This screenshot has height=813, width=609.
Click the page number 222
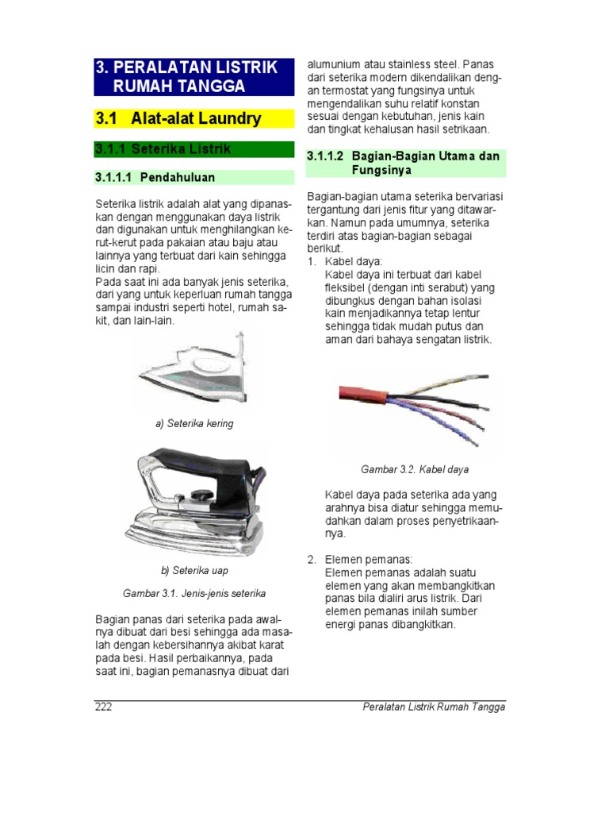point(103,707)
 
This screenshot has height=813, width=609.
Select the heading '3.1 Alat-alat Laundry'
point(178,119)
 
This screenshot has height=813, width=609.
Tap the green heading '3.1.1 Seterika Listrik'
point(163,148)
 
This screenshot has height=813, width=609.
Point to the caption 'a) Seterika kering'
point(194,424)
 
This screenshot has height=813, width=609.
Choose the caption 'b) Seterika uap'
point(194,571)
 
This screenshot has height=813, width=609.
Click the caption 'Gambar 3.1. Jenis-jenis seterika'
point(194,593)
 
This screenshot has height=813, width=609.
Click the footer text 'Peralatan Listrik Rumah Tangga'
point(433,707)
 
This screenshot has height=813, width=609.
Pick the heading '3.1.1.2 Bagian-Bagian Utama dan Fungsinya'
point(404,163)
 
